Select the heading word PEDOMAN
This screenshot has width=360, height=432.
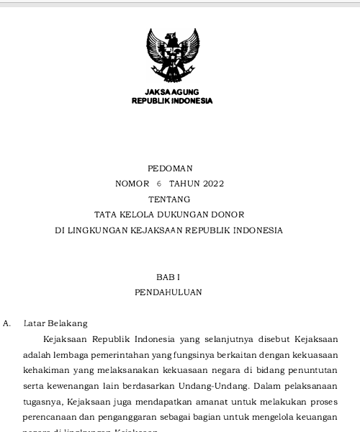[169, 168]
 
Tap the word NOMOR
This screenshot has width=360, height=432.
[132, 184]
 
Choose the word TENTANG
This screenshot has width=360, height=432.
[169, 199]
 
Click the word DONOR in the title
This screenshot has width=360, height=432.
[228, 215]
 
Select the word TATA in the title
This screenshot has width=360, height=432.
[106, 215]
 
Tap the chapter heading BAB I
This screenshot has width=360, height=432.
[168, 277]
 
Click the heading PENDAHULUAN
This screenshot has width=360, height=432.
[168, 293]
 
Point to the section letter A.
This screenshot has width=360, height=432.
[7, 324]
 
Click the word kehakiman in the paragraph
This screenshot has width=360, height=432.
[45, 370]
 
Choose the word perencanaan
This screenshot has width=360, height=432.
[51, 418]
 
